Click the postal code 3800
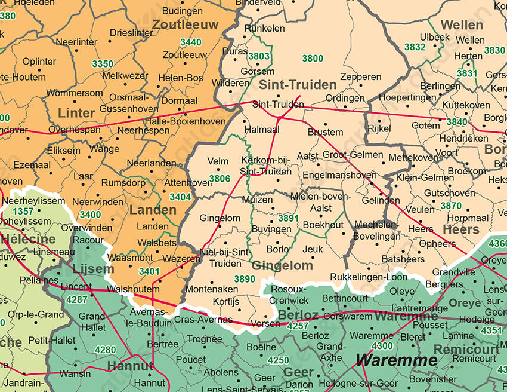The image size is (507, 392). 313,59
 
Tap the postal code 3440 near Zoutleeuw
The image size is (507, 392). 190,42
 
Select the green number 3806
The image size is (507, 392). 220,179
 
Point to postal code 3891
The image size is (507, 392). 288,219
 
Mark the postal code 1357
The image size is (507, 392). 23,212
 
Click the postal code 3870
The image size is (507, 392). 451,206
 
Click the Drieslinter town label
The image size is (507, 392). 131,33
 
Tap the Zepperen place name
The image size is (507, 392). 361,77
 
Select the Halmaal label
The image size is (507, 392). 262,129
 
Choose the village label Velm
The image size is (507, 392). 218,161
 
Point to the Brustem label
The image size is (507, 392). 326,132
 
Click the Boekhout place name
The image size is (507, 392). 323,225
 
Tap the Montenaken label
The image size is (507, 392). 212,289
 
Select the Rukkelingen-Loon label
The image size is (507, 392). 369,277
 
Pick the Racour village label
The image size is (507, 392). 88,240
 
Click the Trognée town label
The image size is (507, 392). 205,339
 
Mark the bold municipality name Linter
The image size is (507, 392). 76,113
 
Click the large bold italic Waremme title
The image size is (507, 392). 397,360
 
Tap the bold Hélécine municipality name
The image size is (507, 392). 28,240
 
